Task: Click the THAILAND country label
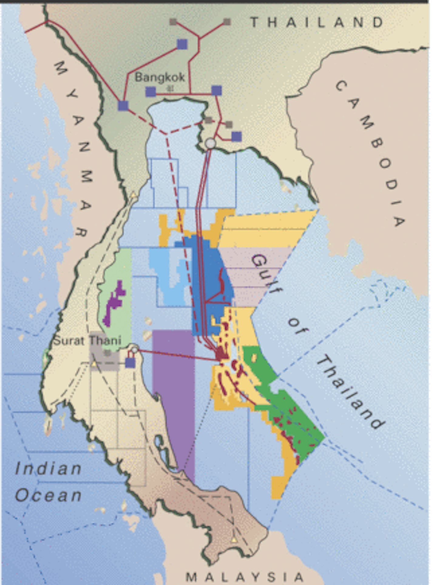(317, 22)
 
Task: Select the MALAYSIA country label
(245, 576)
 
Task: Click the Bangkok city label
(160, 77)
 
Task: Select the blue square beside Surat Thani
(130, 362)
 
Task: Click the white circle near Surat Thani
(134, 350)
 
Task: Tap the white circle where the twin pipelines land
(210, 143)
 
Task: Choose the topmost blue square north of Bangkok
(182, 44)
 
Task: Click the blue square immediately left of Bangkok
(151, 91)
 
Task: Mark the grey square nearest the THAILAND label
(227, 22)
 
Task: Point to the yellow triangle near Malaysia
(234, 540)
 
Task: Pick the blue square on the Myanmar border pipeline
(123, 106)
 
